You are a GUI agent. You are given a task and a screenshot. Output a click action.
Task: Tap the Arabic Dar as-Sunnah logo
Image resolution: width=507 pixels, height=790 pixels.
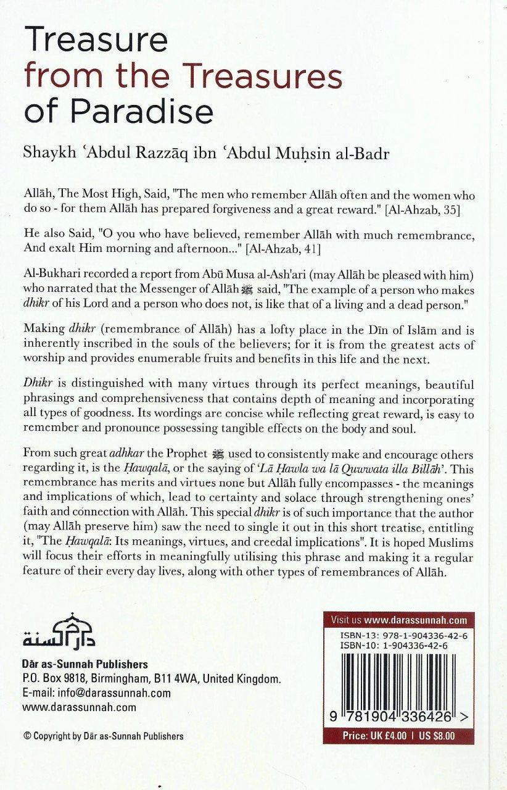[x=59, y=630]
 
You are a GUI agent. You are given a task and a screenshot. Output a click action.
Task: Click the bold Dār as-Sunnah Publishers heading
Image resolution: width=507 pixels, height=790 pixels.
[x=84, y=665]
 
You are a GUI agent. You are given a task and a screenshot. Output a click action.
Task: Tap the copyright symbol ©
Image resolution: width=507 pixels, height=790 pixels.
[x=27, y=736]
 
